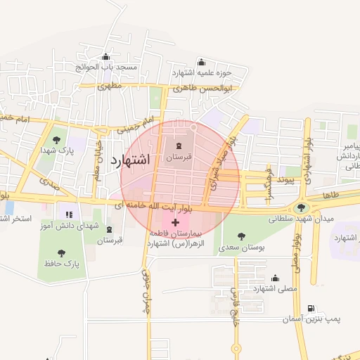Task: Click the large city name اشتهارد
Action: click(x=131, y=160)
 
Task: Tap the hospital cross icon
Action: click(x=175, y=222)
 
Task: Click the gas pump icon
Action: click(x=311, y=308)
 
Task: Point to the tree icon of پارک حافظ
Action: click(x=62, y=252)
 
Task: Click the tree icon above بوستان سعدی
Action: click(x=242, y=236)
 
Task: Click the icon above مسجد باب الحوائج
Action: click(x=106, y=57)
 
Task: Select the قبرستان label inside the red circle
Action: click(x=178, y=158)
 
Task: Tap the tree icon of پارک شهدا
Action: click(x=56, y=139)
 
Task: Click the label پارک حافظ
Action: click(x=62, y=264)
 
